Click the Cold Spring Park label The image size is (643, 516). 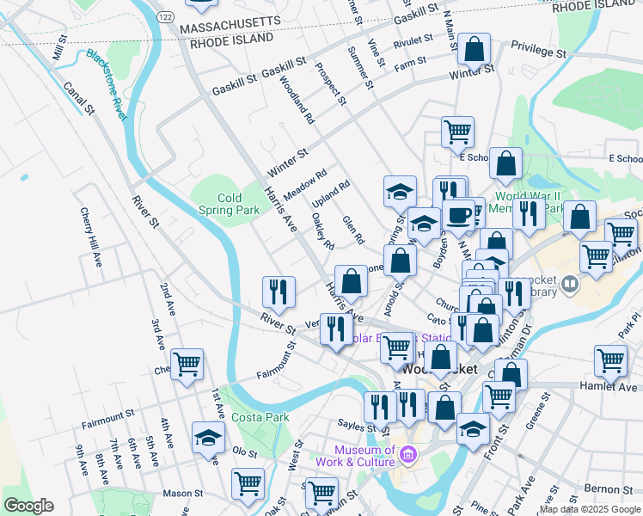click(x=229, y=204)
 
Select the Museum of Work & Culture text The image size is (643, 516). click(x=365, y=457)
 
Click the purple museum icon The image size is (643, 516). click(x=407, y=453)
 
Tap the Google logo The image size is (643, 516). click(x=28, y=506)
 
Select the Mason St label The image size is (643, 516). click(x=182, y=494)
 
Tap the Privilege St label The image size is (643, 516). click(x=539, y=52)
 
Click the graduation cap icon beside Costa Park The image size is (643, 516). click(x=208, y=437)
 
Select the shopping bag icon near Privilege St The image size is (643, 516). click(x=474, y=48)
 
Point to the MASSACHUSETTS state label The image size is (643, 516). click(x=230, y=22)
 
